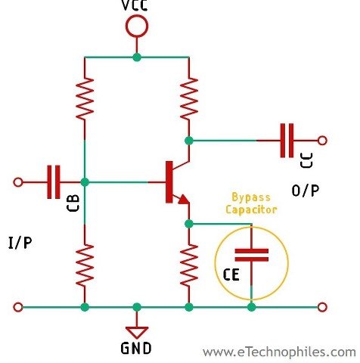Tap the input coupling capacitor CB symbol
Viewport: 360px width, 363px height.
pyautogui.click(x=52, y=181)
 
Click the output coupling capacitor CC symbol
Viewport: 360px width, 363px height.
pyautogui.click(x=287, y=140)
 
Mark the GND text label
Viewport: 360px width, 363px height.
pyautogui.click(x=136, y=349)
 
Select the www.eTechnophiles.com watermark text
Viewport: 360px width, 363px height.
pyautogui.click(x=279, y=352)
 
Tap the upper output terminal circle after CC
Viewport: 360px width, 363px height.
pyautogui.click(x=323, y=140)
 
